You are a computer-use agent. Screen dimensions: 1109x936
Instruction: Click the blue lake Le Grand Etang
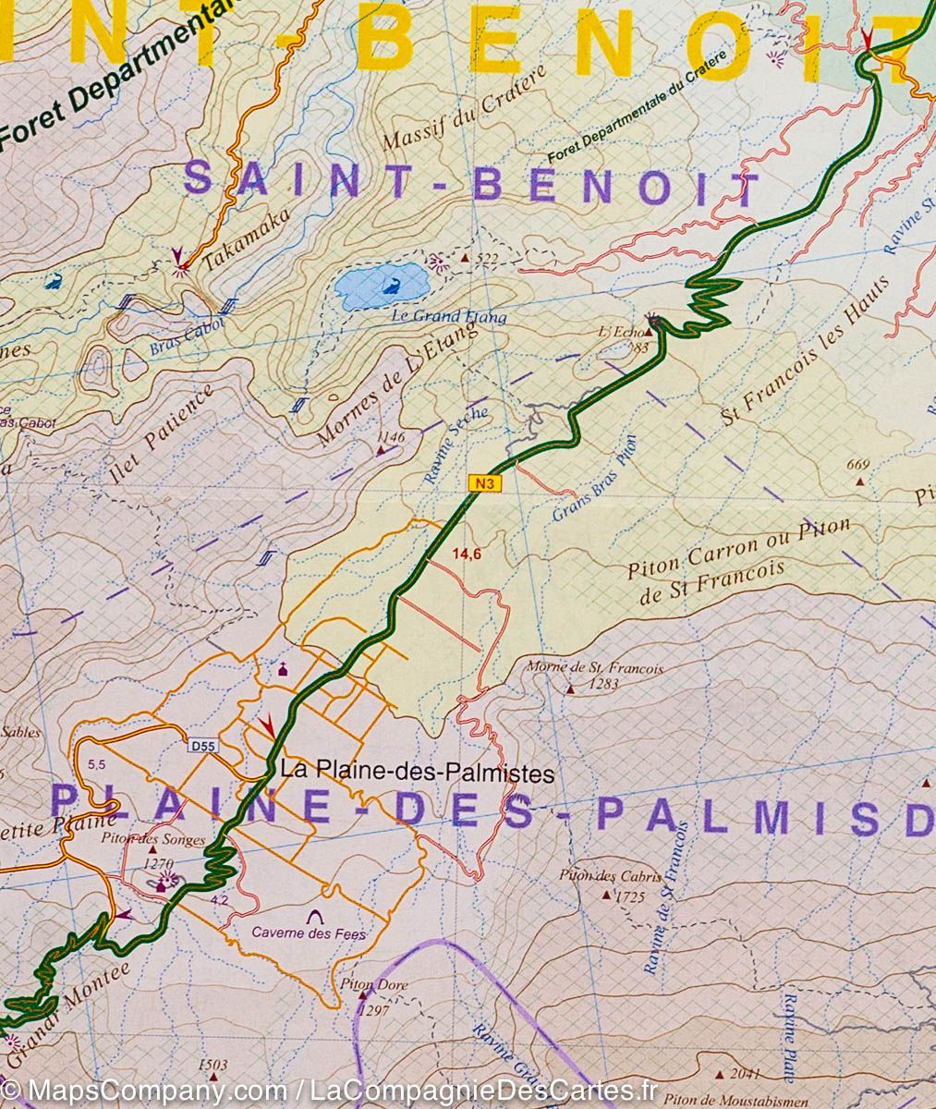tap(380, 287)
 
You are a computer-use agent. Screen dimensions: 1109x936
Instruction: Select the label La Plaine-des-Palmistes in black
tap(417, 772)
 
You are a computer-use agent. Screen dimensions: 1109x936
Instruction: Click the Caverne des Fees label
tap(309, 934)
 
